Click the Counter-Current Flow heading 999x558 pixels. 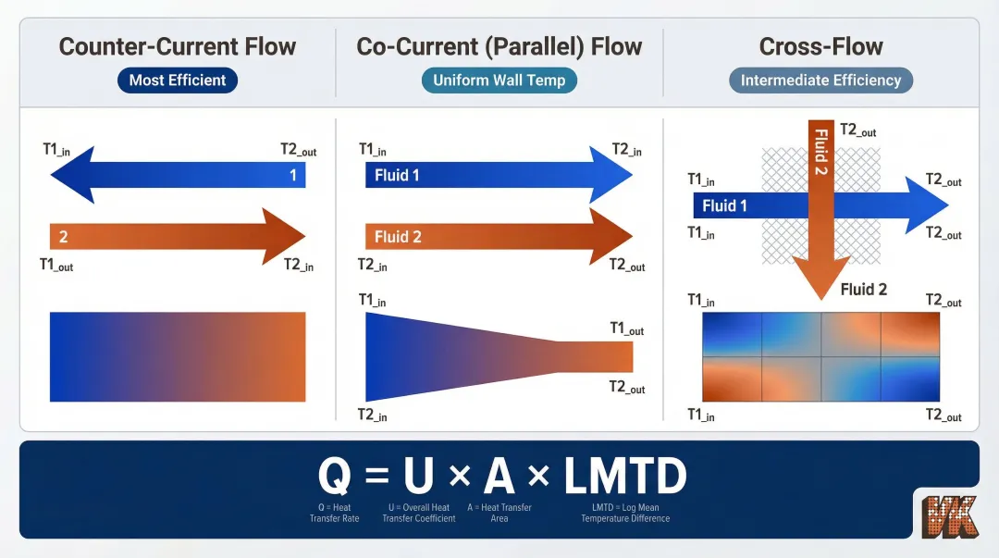click(x=178, y=46)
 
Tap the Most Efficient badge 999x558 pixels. click(x=178, y=81)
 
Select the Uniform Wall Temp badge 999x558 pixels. click(x=499, y=81)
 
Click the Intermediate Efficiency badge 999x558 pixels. click(x=820, y=81)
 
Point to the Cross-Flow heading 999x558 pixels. click(x=820, y=46)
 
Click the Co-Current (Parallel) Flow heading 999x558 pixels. click(x=499, y=46)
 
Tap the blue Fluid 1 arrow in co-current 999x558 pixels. click(x=481, y=175)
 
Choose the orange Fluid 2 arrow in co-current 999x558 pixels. click(x=481, y=237)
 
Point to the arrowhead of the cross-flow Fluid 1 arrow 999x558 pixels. click(x=925, y=205)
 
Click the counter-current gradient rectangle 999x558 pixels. click(x=178, y=356)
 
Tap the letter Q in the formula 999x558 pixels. click(x=336, y=477)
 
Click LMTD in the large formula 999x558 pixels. click(x=625, y=477)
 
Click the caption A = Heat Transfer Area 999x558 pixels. click(x=499, y=513)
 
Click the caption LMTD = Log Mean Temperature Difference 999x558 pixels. click(x=625, y=513)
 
